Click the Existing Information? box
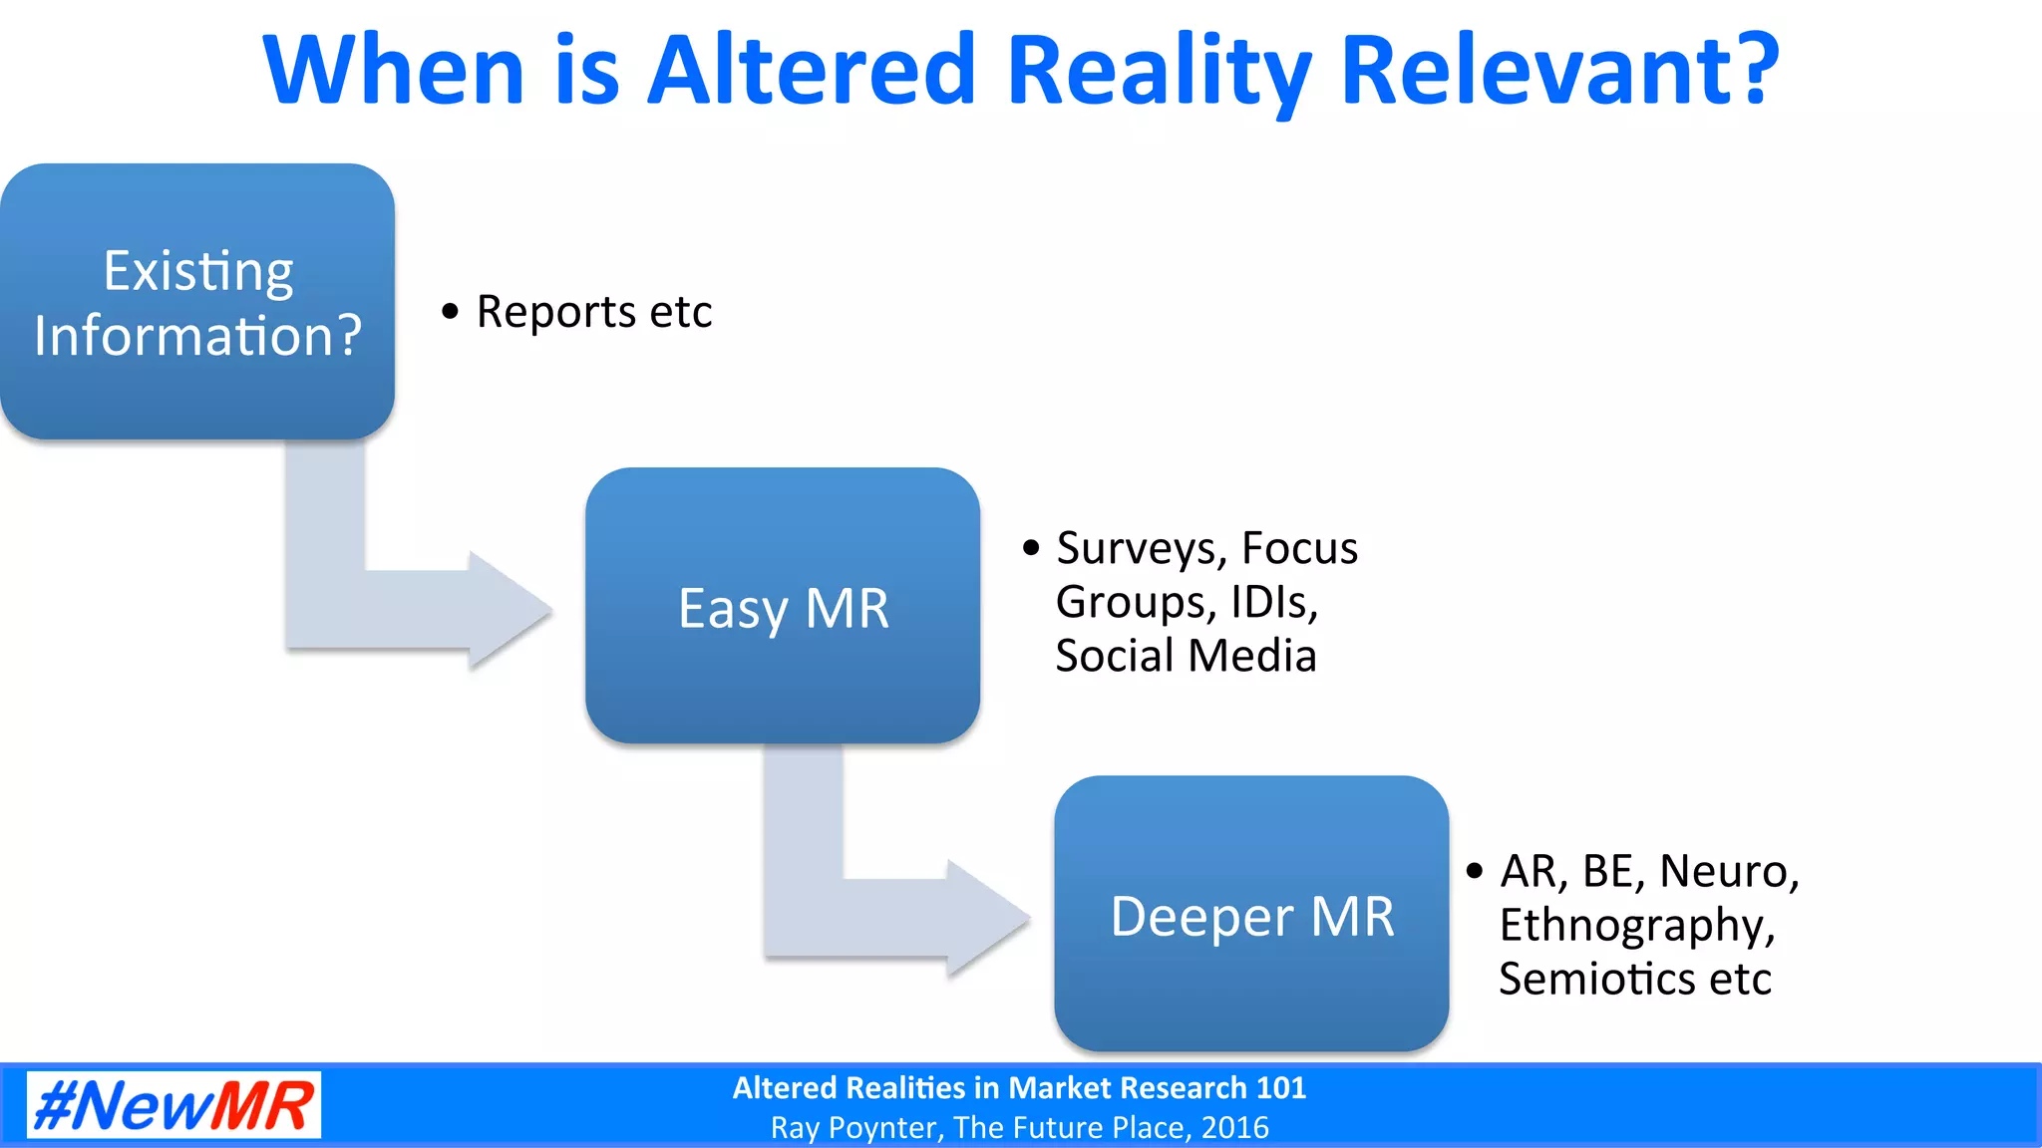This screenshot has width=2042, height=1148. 197,301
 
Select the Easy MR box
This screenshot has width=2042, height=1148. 783,606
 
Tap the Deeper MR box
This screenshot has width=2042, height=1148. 1251,914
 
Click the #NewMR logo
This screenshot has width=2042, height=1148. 173,1105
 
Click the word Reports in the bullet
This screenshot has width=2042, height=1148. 555,312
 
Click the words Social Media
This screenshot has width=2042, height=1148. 1186,656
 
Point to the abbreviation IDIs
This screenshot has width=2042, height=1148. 1274,602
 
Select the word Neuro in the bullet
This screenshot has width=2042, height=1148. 1728,871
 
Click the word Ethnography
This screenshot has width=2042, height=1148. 1636,926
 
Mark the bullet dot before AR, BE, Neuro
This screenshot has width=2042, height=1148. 1475,870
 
